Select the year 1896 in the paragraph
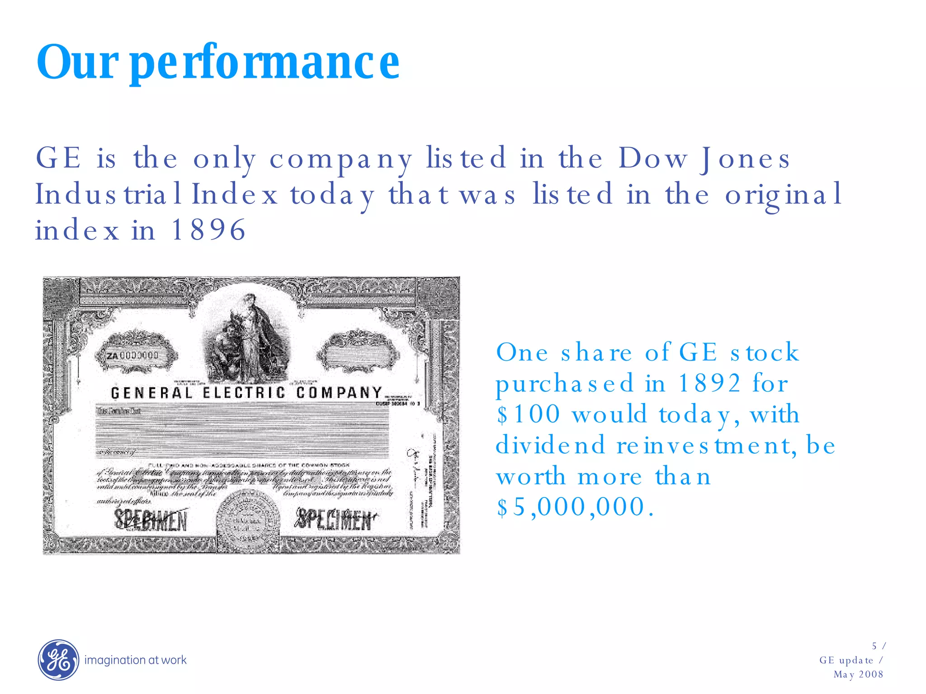coord(208,230)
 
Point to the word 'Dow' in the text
coord(653,159)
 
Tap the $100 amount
coord(528,414)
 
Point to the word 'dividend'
coord(550,445)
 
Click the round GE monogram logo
coord(58,660)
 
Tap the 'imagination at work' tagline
coord(135,660)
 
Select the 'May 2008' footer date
coord(858,675)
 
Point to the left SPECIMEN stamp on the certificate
coord(151,520)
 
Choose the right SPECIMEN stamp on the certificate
coord(335,520)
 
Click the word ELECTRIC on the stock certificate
coord(244,393)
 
